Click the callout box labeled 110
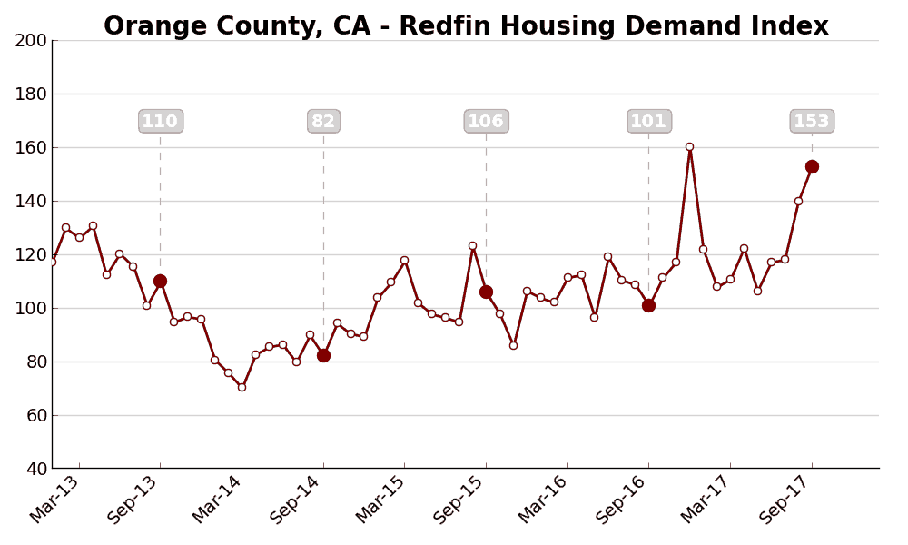[x=161, y=122]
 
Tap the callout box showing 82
[x=323, y=122]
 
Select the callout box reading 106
[x=486, y=122]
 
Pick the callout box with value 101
[x=648, y=122]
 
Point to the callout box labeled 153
[x=812, y=122]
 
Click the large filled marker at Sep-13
[x=160, y=282]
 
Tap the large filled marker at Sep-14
[x=323, y=355]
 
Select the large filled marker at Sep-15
[x=486, y=292]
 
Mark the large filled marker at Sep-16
[x=648, y=305]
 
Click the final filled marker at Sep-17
[x=812, y=166]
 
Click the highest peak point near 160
[x=689, y=146]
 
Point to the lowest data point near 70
[x=242, y=387]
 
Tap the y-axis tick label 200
[x=31, y=40]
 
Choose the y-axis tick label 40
[x=35, y=469]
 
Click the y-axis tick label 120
[x=31, y=254]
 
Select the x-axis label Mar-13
[x=54, y=500]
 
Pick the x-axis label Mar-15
[x=380, y=500]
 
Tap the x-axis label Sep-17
[x=787, y=500]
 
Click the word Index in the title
[x=792, y=26]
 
